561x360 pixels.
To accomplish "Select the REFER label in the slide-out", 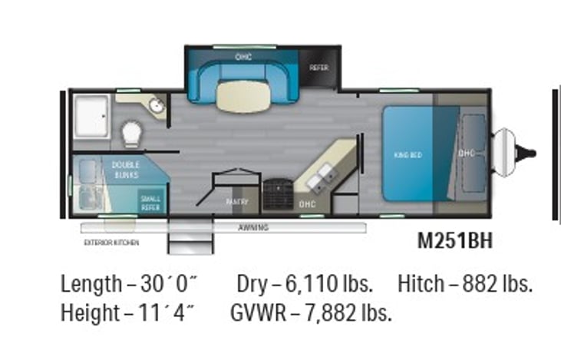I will click(x=318, y=68).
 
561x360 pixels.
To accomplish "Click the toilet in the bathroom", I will click(x=132, y=134).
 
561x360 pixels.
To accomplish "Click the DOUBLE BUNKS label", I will click(x=125, y=170).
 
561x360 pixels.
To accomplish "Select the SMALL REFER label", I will click(x=150, y=202).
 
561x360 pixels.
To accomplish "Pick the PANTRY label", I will click(x=235, y=202).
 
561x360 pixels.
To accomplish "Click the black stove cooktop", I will click(x=277, y=195).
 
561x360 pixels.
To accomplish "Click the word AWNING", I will click(x=252, y=227).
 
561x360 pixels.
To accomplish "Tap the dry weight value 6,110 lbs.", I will click(x=325, y=284).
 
